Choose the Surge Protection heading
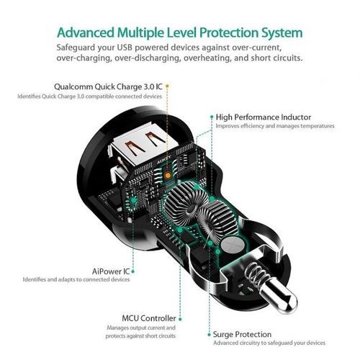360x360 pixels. point(242,334)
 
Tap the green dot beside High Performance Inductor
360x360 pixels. point(210,116)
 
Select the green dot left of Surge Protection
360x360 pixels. point(206,334)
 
